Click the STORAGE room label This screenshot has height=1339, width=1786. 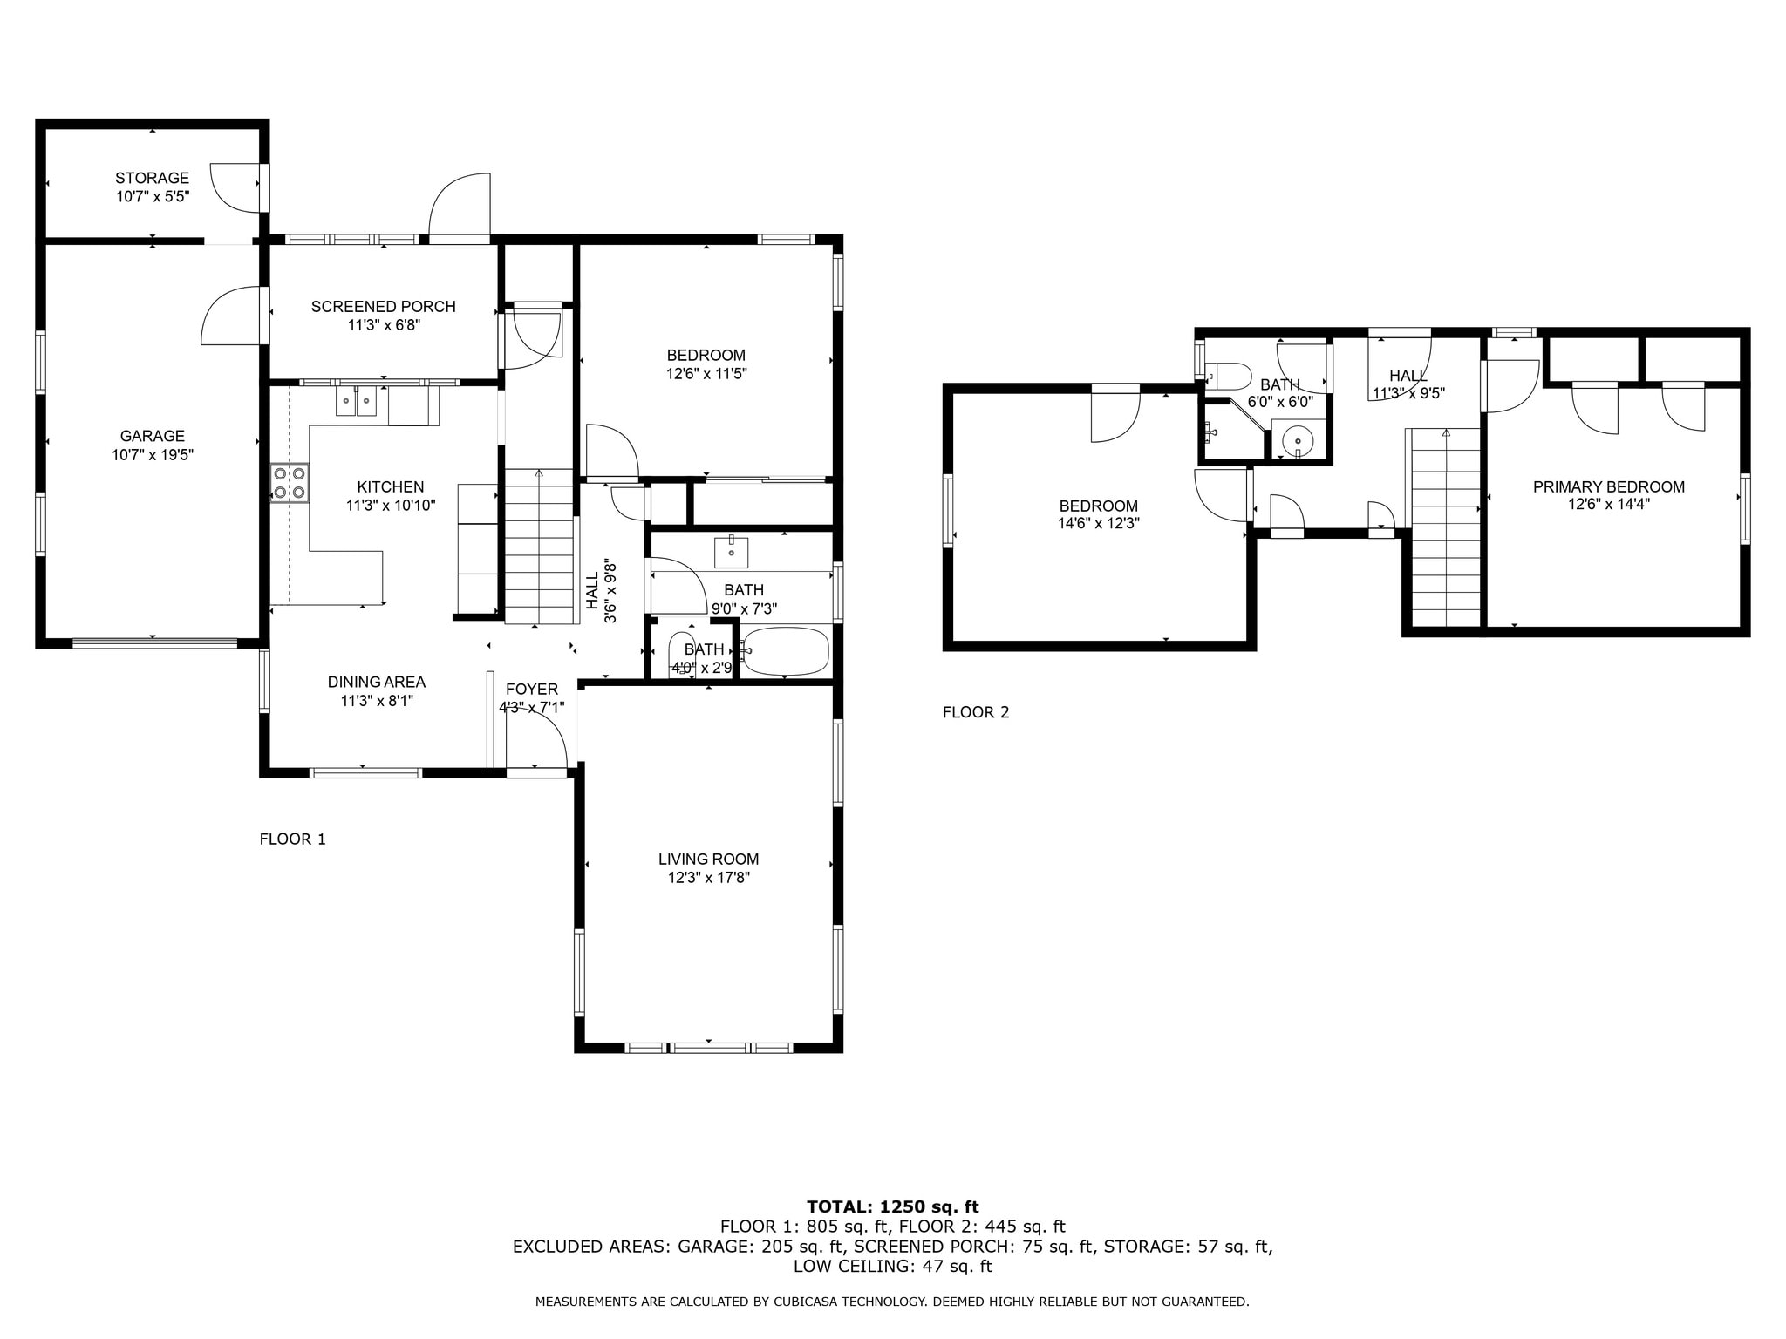point(152,178)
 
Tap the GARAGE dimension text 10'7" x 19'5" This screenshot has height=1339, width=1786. point(152,454)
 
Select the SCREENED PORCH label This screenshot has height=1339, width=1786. point(384,307)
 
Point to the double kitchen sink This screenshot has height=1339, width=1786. point(356,402)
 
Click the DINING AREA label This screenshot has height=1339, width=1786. point(377,682)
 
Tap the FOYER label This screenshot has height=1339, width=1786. point(532,689)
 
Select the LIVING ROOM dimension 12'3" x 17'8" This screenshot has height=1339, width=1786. point(709,878)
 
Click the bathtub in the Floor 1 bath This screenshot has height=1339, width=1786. point(785,651)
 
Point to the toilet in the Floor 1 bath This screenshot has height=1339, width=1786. point(681,653)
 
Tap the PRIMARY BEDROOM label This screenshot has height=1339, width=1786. point(1609,487)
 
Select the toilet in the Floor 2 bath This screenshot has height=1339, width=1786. point(1229,376)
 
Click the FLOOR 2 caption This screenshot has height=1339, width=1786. point(976,712)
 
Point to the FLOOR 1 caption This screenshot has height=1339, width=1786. point(293,839)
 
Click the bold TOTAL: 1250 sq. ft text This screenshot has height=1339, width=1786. point(893,1206)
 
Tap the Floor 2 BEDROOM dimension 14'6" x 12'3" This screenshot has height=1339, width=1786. point(1099,524)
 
